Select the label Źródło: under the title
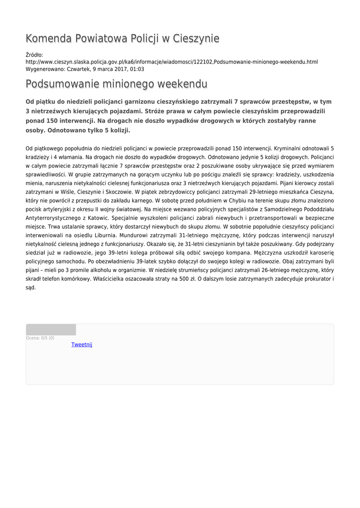coord(34,55)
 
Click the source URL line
coord(171,62)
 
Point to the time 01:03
coord(138,69)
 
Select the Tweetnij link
coord(82,344)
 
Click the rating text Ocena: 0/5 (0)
coord(40,338)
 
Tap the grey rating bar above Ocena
coord(51,329)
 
